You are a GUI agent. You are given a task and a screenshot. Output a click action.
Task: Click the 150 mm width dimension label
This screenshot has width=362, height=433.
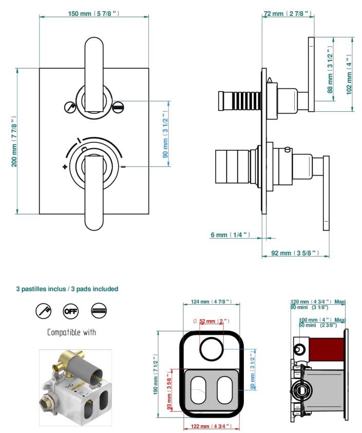(93, 13)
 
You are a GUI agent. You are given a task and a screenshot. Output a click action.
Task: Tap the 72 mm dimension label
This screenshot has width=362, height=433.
(287, 13)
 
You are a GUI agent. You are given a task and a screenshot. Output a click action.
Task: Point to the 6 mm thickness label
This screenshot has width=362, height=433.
(230, 235)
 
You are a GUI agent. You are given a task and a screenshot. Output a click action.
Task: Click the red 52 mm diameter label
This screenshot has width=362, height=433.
(211, 321)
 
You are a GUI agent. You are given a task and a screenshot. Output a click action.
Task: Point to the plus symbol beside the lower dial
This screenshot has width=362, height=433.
(65, 167)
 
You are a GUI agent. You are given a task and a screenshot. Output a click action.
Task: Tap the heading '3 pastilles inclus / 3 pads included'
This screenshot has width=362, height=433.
(67, 289)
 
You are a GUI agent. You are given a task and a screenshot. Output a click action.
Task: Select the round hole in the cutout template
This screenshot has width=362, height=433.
(211, 350)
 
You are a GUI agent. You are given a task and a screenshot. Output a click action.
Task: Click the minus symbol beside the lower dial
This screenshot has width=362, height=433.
(124, 167)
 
